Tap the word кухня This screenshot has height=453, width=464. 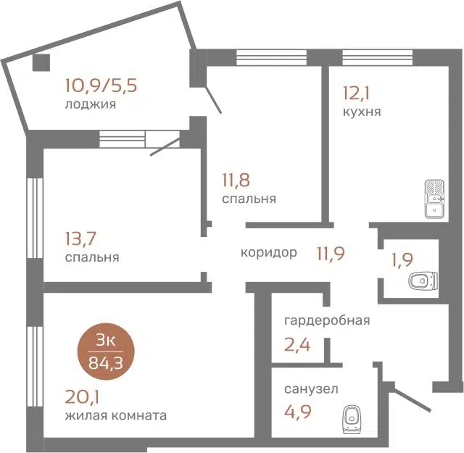tap(362, 112)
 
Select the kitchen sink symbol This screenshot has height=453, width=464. tap(434, 200)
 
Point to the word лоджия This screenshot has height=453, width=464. tap(91, 104)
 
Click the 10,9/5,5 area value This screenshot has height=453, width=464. tap(100, 86)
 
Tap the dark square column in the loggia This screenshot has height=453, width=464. tap(41, 63)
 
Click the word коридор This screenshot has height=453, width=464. tap(269, 253)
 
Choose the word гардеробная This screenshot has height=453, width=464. tap(327, 321)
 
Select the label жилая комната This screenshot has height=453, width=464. tap(115, 415)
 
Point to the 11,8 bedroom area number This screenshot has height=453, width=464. tap(237, 178)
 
